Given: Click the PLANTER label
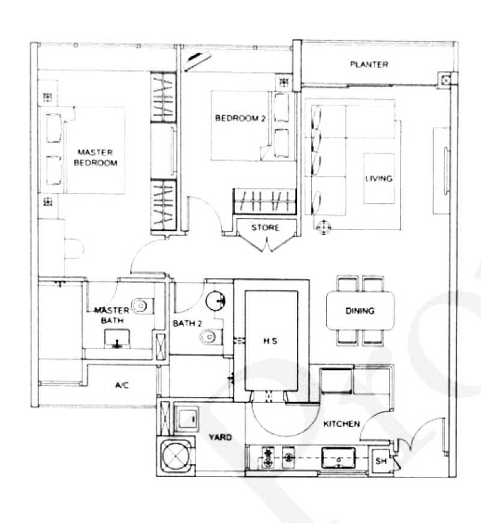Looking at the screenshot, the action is (369, 64).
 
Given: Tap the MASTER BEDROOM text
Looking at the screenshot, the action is (96, 157).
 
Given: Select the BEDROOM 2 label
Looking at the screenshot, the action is (240, 118).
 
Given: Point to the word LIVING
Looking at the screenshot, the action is (379, 178).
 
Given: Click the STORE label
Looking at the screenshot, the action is (265, 228).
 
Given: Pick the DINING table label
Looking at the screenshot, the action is (360, 311).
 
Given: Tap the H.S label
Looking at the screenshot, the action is (270, 341).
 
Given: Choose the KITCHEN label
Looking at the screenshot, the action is (342, 424).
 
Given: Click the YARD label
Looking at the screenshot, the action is (220, 437).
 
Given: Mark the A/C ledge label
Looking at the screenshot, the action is (121, 385).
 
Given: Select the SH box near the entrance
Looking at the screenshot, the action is (381, 461).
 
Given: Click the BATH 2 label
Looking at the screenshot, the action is (187, 323).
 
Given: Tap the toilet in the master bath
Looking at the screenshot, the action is (142, 305).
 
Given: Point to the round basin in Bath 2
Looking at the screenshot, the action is (215, 301).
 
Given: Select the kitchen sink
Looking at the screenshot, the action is (338, 458).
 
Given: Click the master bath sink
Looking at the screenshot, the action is (117, 339).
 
